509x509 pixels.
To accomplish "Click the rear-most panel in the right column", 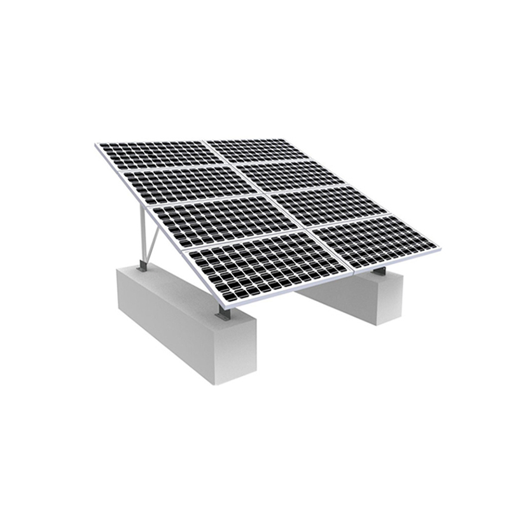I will [254, 149].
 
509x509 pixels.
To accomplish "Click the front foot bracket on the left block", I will [223, 312].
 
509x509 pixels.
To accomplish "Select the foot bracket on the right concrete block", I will [380, 272].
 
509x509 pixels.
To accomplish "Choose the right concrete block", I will [363, 296].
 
